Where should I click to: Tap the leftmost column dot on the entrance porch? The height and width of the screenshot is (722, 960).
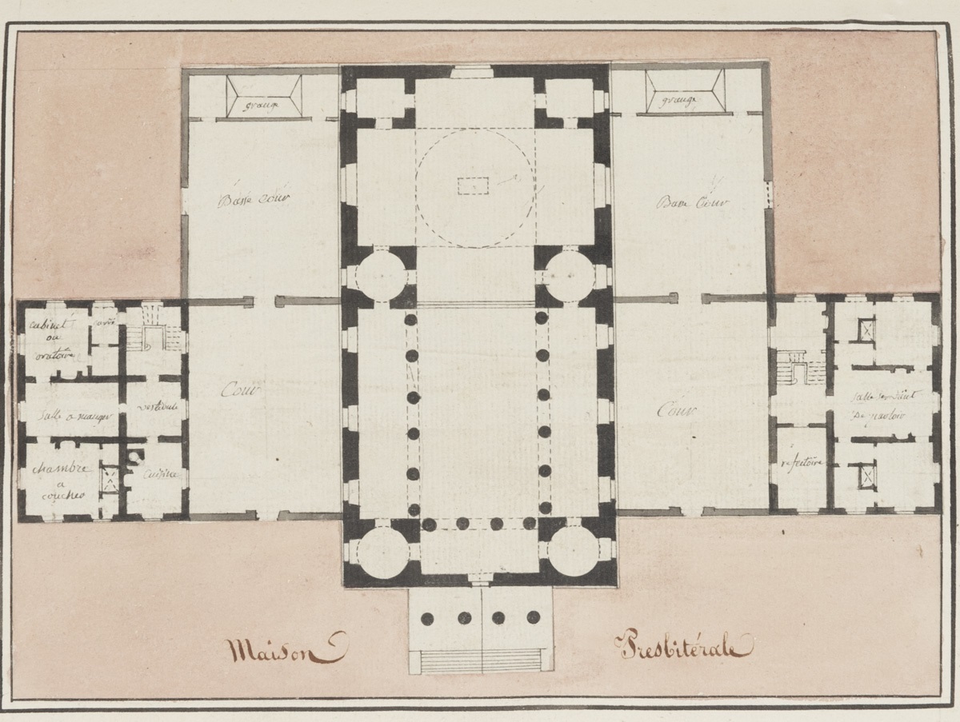[x=427, y=618]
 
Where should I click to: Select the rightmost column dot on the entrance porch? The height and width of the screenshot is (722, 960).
[x=534, y=617]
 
